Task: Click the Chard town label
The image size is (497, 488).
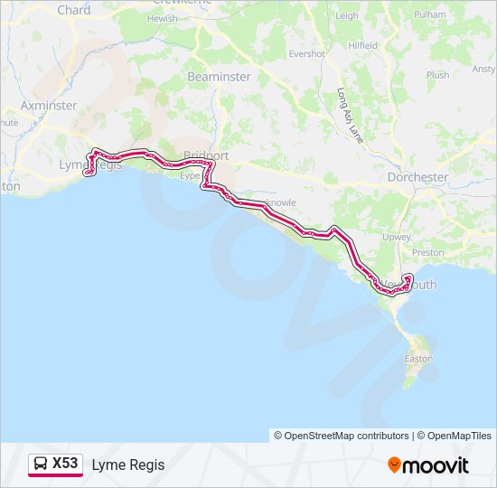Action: [x=74, y=10]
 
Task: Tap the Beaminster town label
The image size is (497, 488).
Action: [x=219, y=77]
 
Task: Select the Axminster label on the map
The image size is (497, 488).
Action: [x=48, y=105]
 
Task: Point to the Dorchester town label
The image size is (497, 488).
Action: [x=417, y=177]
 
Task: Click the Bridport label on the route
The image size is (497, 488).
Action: [x=206, y=155]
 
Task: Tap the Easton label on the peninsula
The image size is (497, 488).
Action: [x=418, y=358]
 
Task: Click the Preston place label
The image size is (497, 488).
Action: [x=428, y=253]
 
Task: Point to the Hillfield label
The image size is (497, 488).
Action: [x=362, y=44]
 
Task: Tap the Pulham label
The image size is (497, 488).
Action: [x=430, y=15]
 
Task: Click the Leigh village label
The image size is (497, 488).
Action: [x=347, y=15]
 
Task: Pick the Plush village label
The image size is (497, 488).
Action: [x=437, y=75]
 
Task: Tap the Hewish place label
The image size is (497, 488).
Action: [x=163, y=18]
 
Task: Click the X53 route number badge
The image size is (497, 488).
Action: [x=65, y=465]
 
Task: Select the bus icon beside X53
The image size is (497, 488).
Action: [x=41, y=465]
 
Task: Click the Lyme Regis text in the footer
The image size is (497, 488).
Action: [x=128, y=465]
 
